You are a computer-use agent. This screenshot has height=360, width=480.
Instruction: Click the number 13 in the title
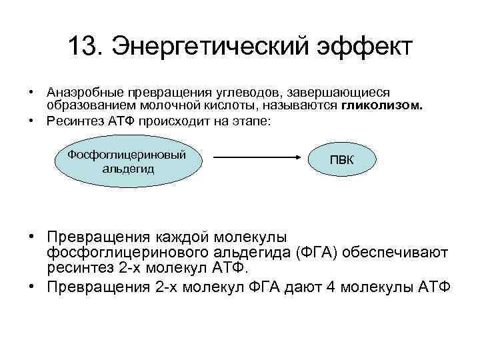tap(83, 47)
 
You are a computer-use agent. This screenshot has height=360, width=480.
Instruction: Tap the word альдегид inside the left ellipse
tap(128, 169)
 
